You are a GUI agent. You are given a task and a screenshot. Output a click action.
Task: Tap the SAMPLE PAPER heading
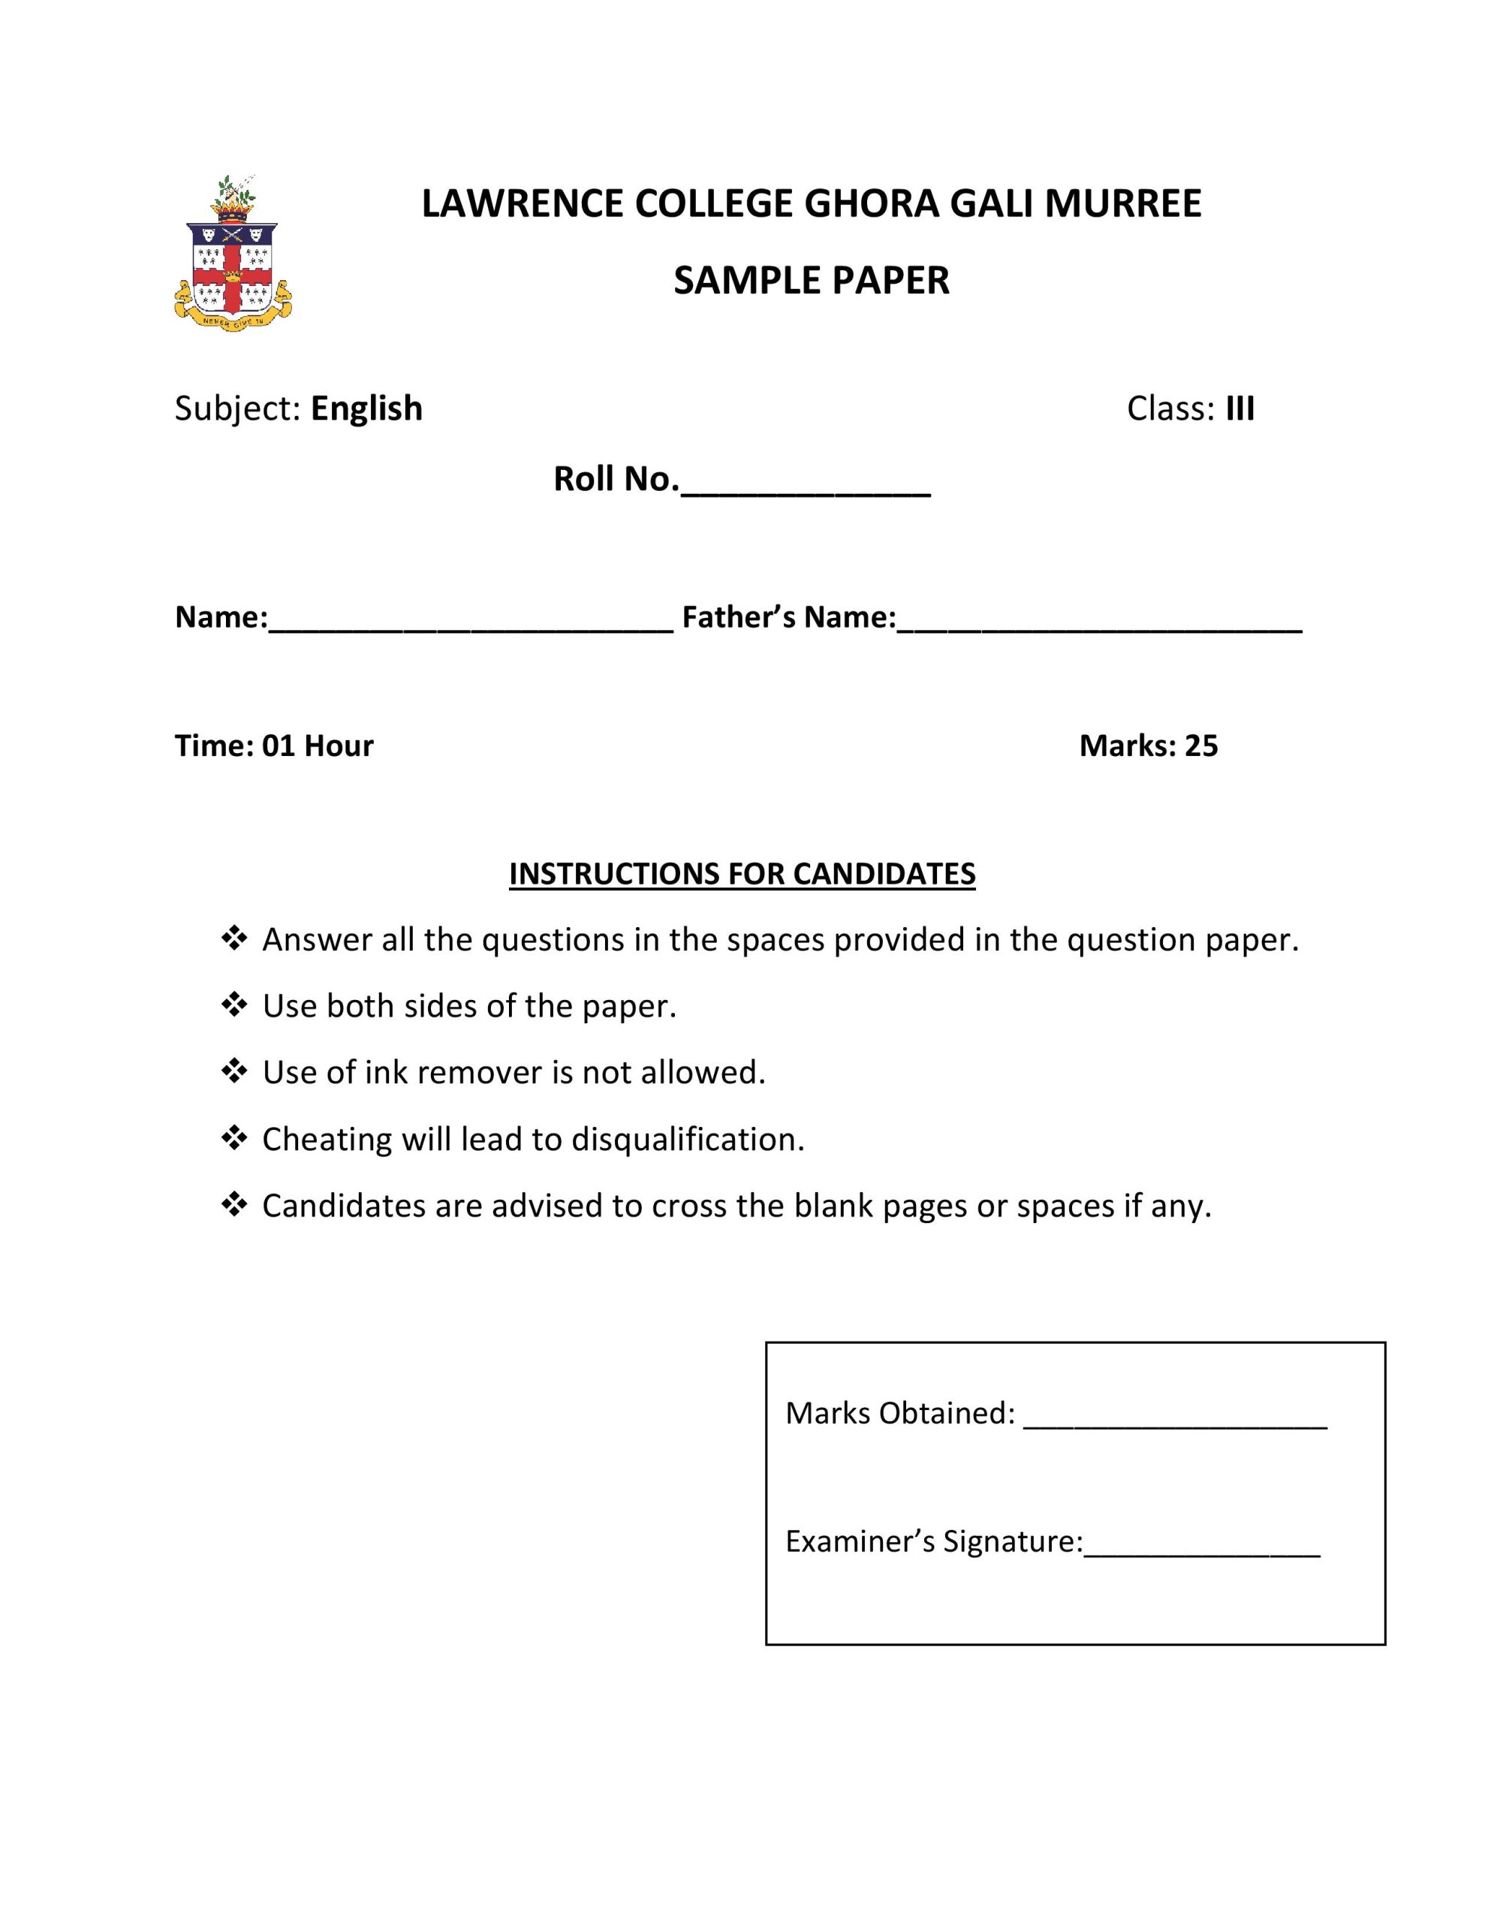811,281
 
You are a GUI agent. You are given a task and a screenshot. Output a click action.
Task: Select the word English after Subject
366,408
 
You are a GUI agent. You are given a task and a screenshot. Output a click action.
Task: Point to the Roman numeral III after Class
1240,408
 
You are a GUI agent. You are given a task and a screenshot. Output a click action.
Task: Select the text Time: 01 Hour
274,746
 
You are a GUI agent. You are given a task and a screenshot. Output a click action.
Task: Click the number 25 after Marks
1200,746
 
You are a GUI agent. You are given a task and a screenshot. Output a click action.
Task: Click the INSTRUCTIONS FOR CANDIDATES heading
742,874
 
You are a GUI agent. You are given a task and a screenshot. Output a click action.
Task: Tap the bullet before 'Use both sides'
234,1004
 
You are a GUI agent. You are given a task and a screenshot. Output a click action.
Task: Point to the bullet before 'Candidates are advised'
234,1204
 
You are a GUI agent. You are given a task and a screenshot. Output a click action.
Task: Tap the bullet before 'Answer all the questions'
234,938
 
